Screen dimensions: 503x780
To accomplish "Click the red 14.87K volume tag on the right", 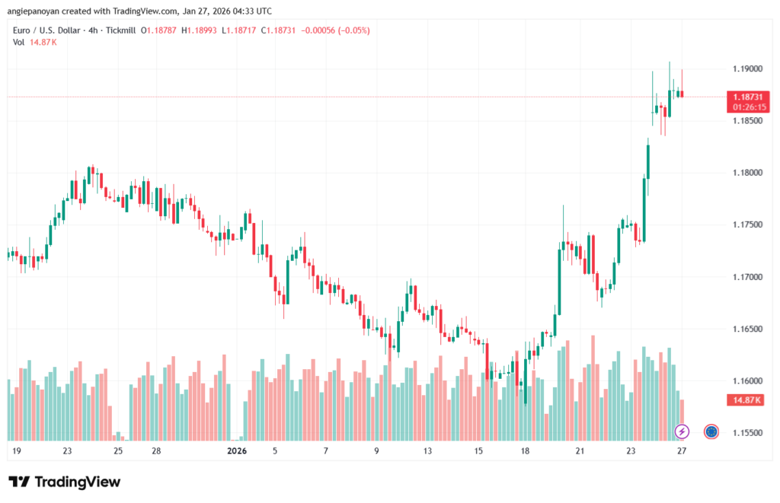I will click(x=746, y=400).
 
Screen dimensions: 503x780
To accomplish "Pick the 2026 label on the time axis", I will click(x=238, y=450).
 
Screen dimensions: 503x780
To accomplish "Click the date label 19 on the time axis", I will click(x=16, y=450).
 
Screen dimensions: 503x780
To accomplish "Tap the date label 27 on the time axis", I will click(x=682, y=450).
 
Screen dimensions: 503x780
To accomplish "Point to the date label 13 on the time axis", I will click(x=427, y=450).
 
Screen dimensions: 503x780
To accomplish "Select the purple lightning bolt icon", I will click(x=682, y=431).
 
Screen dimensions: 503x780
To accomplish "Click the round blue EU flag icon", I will click(x=711, y=431).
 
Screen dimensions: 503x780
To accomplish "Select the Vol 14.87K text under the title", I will click(x=35, y=42).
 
